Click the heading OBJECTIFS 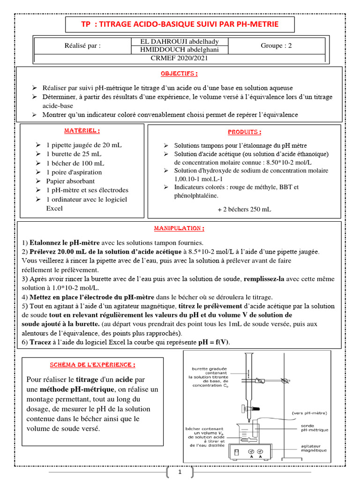pos(179,74)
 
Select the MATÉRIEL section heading pos(82,130)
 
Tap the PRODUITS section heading pos(245,132)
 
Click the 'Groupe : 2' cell pos(276,45)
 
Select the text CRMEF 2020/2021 pos(179,58)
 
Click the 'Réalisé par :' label pos(82,46)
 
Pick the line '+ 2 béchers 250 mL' pos(244,210)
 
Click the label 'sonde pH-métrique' pos(315,427)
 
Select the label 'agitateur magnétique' pos(315,449)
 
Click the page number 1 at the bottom pos(180,472)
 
